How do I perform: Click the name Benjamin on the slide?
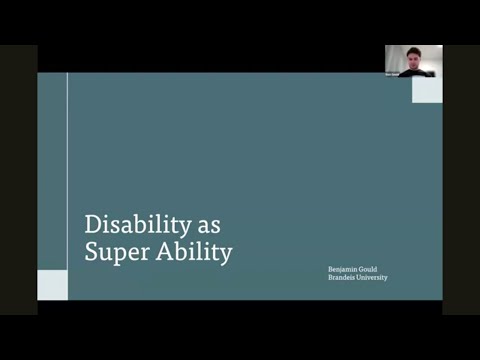click(345, 269)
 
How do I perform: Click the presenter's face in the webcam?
click(414, 56)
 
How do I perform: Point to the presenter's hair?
click(414, 49)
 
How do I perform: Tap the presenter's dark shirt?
click(414, 72)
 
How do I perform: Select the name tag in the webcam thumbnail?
click(392, 74)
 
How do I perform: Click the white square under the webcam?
click(427, 90)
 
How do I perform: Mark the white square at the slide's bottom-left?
click(52, 285)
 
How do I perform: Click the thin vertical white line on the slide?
click(67, 170)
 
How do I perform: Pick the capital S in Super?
click(91, 252)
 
